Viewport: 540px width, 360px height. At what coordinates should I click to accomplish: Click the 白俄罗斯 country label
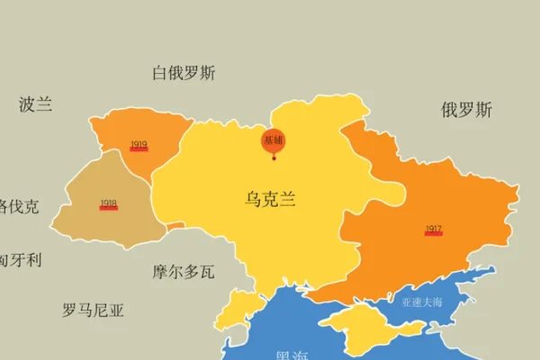tap(184, 74)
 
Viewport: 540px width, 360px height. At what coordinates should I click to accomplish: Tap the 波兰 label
tap(35, 104)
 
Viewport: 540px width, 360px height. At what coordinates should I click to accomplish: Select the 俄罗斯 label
tap(466, 111)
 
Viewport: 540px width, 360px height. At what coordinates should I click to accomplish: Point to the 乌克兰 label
tap(270, 200)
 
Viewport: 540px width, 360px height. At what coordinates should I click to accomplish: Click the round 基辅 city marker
tap(274, 140)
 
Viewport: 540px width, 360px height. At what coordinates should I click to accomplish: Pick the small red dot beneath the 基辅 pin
tap(274, 159)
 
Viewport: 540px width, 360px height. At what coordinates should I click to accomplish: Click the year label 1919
tap(139, 144)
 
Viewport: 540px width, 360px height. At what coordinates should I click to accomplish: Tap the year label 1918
tap(109, 203)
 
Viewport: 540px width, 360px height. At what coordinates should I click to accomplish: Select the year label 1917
tap(433, 229)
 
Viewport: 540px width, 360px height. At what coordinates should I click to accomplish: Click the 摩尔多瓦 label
tap(184, 271)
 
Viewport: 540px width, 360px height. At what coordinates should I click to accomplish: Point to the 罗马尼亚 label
tap(93, 311)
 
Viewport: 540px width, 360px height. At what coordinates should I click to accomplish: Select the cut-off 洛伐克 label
tap(18, 206)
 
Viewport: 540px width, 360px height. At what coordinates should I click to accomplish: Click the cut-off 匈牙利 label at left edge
tap(20, 260)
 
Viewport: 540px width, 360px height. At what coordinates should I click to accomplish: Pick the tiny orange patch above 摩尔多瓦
tap(175, 226)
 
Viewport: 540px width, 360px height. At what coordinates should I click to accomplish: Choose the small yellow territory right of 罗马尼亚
tap(236, 306)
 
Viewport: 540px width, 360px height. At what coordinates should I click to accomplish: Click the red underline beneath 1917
tap(433, 235)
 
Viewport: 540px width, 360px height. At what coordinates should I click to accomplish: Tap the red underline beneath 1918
tap(109, 209)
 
